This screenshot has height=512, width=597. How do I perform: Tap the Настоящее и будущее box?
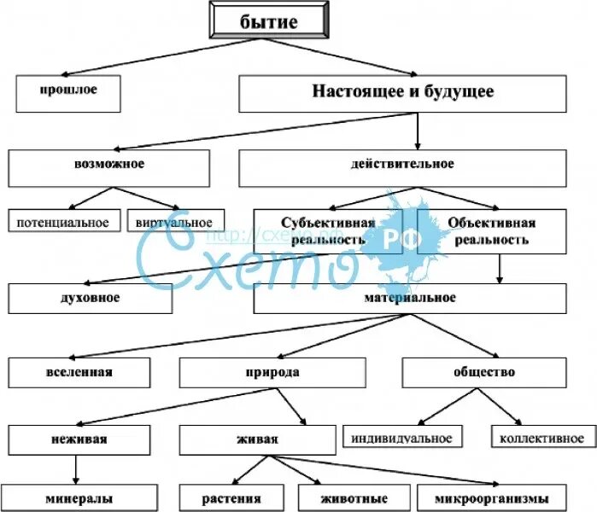coord(402,93)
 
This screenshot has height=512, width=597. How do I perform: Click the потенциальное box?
coord(63,222)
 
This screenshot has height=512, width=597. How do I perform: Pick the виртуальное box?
coord(174,222)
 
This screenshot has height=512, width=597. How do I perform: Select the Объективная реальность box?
coord(491,231)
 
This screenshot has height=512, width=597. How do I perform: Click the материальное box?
coord(410,299)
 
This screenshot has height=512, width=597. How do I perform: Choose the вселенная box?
coord(79,373)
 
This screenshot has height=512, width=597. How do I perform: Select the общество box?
coord(484,373)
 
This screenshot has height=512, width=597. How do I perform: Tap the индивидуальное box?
coord(401,438)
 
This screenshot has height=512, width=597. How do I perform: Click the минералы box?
coord(83,498)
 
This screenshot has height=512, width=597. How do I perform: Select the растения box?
coord(232,498)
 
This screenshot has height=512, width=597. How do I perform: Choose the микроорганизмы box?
coord(493,498)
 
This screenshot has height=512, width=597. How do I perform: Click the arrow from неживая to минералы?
coord(76,469)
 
